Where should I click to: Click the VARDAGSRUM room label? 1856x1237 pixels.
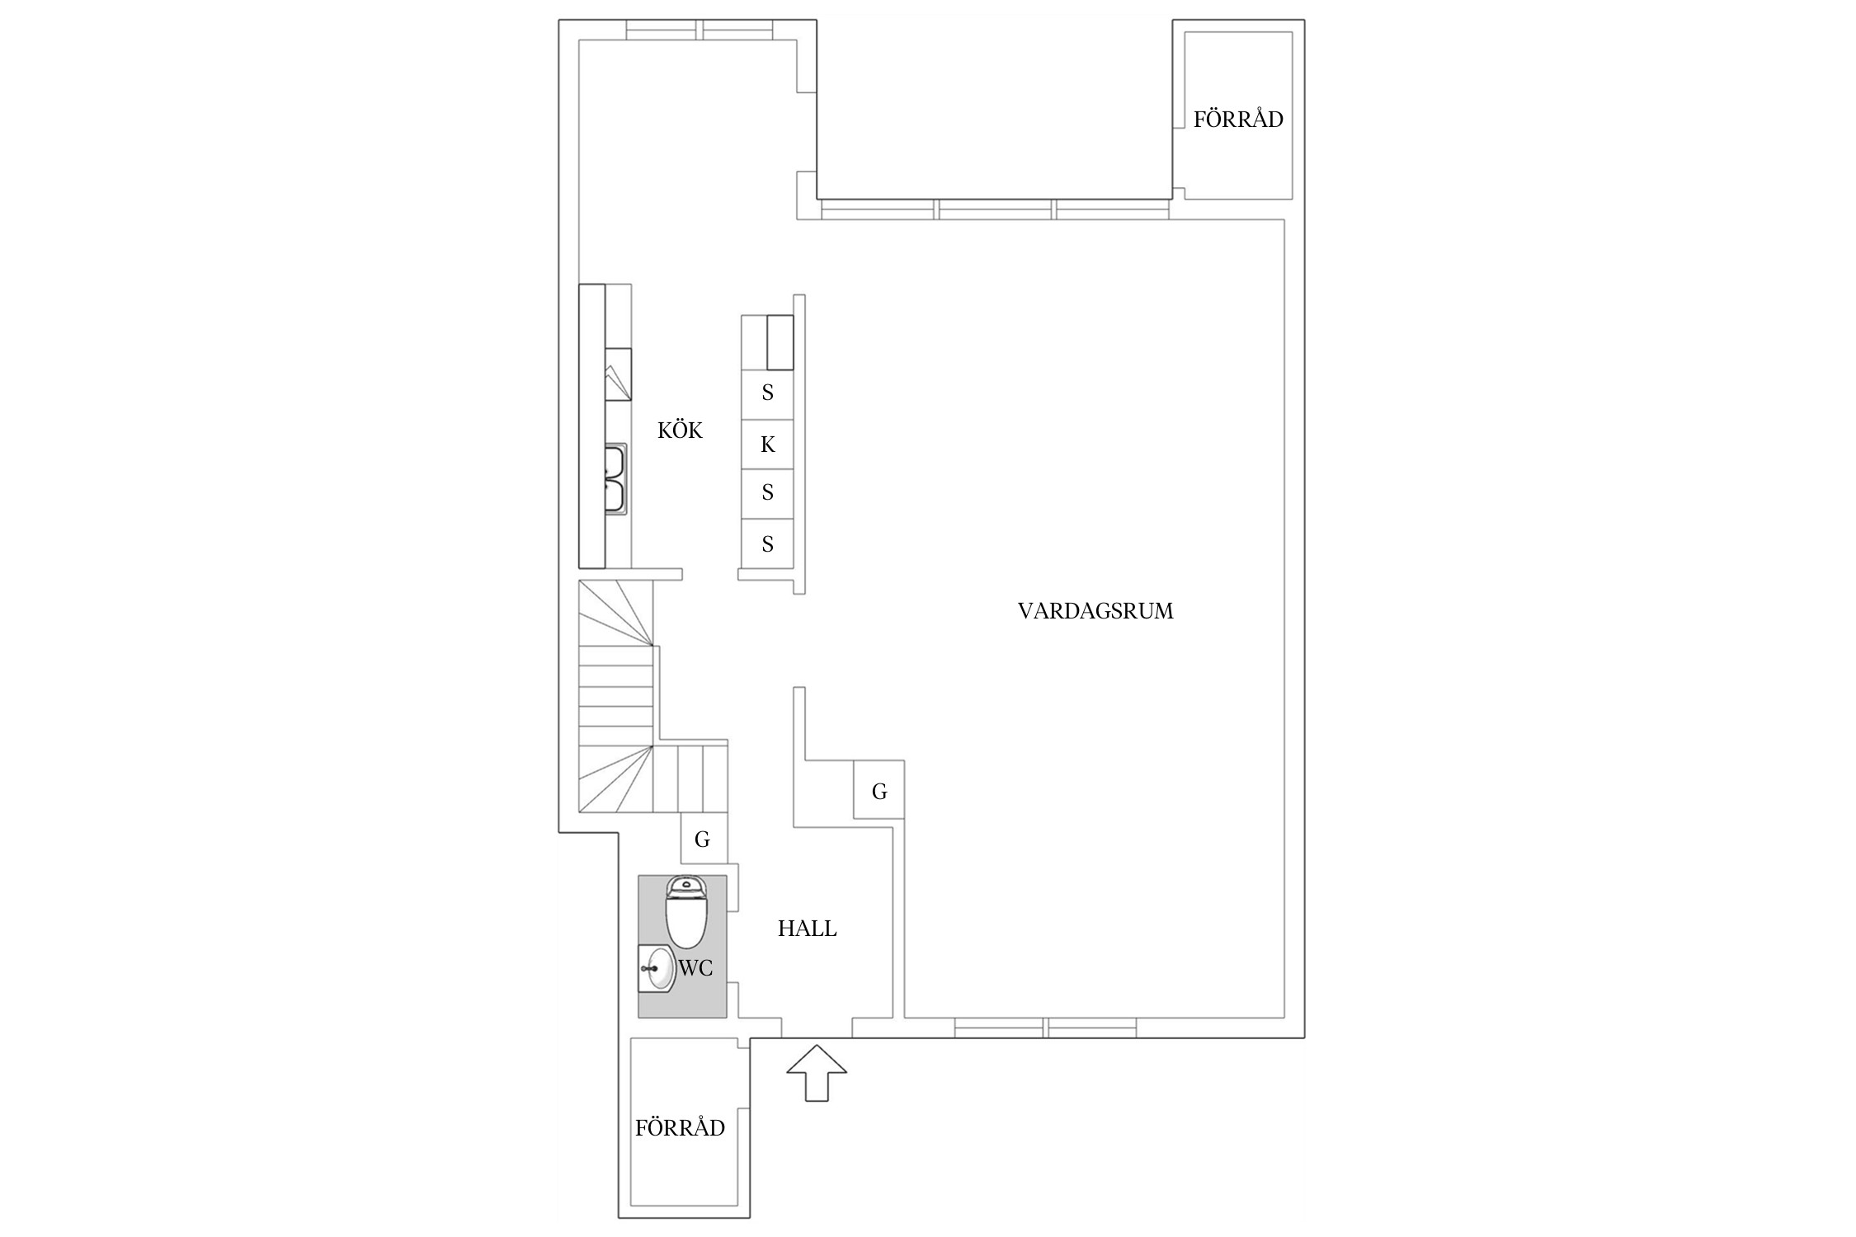point(1095,611)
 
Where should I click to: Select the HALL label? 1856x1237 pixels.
point(807,929)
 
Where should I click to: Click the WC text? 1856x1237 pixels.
point(695,968)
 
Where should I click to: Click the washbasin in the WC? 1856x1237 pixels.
point(658,969)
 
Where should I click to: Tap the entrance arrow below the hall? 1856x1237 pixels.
point(817,1073)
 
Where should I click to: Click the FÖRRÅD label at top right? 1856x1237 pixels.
point(1238,120)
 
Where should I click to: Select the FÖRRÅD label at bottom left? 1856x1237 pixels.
point(680,1128)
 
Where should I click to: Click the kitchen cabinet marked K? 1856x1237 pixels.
point(767,444)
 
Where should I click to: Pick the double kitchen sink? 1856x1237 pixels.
point(615,479)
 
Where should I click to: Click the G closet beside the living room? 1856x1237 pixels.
point(879,792)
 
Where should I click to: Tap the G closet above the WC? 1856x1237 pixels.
point(703,840)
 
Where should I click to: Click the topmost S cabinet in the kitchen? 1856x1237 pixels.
point(767,393)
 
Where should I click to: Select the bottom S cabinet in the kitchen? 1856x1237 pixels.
point(767,544)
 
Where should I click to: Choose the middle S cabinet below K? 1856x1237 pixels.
point(767,493)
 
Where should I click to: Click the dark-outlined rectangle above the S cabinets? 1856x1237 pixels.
point(780,342)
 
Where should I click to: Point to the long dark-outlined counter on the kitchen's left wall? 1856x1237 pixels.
point(591,426)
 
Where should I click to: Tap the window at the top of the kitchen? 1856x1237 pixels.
point(700,30)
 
